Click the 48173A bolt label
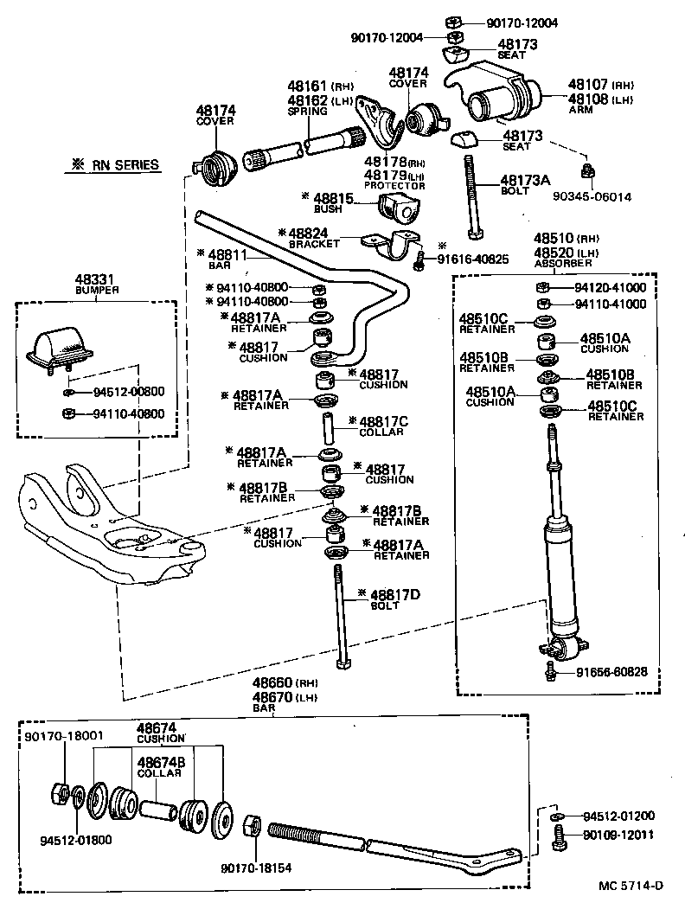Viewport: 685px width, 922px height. coord(525,180)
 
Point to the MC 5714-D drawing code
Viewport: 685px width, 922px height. coord(632,885)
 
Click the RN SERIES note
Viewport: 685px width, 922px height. coord(122,164)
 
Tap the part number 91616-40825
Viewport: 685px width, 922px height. coord(472,259)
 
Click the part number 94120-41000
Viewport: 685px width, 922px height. coord(610,287)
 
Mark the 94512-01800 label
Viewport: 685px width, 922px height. coord(75,839)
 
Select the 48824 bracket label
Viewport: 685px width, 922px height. coord(307,233)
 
